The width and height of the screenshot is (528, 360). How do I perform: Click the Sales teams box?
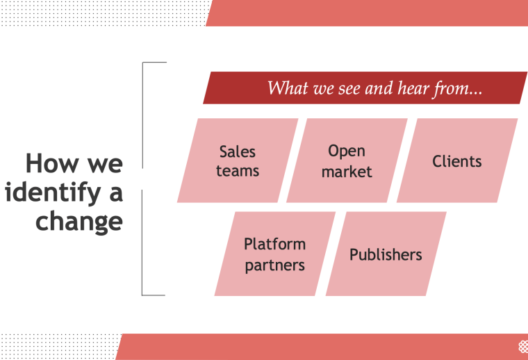(238, 161)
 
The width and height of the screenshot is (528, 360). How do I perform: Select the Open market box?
(347, 161)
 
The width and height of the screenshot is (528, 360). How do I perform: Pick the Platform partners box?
(274, 254)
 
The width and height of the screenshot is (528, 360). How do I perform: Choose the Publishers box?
(386, 254)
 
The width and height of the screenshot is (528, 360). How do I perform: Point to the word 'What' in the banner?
(287, 89)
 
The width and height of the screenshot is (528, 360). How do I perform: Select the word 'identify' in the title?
(48, 193)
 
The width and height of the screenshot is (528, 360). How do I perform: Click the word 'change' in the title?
(79, 221)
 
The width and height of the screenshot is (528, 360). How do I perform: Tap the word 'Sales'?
(238, 152)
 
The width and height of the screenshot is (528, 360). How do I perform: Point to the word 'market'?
(347, 171)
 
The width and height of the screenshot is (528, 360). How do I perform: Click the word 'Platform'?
(274, 244)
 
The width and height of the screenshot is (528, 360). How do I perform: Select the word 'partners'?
(274, 265)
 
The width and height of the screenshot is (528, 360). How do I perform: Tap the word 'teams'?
(238, 170)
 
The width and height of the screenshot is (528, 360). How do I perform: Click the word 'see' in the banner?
(347, 89)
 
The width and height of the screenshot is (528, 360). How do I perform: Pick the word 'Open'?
(347, 151)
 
